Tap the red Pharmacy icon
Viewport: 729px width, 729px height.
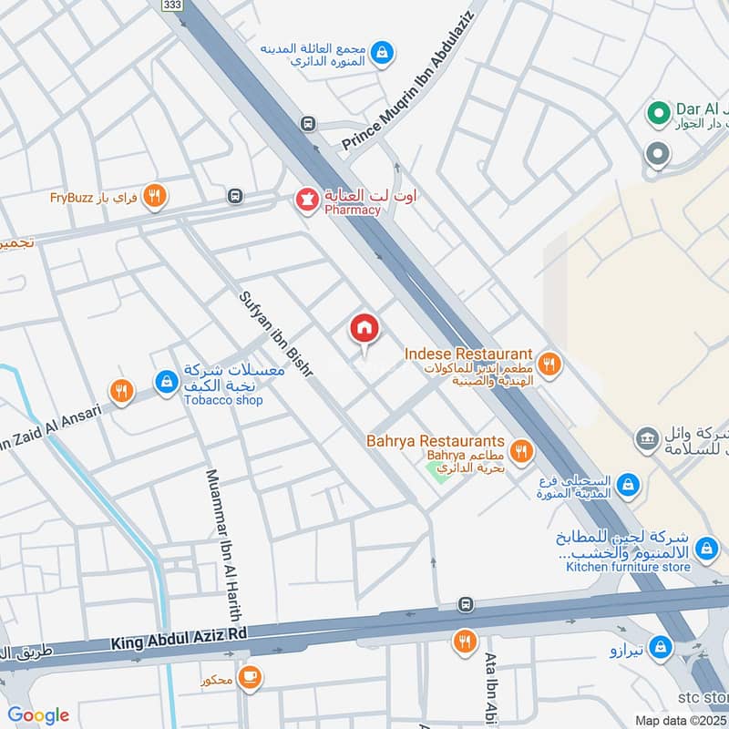(304, 196)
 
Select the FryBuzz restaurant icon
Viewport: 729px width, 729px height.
(155, 195)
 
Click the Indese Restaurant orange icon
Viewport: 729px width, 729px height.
(549, 364)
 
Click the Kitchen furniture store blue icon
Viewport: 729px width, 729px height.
(704, 549)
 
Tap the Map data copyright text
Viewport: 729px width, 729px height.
(680, 720)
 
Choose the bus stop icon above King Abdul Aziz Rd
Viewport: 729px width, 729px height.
(467, 604)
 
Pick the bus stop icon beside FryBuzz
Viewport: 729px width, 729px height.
(236, 196)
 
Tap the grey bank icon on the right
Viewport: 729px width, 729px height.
(646, 439)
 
